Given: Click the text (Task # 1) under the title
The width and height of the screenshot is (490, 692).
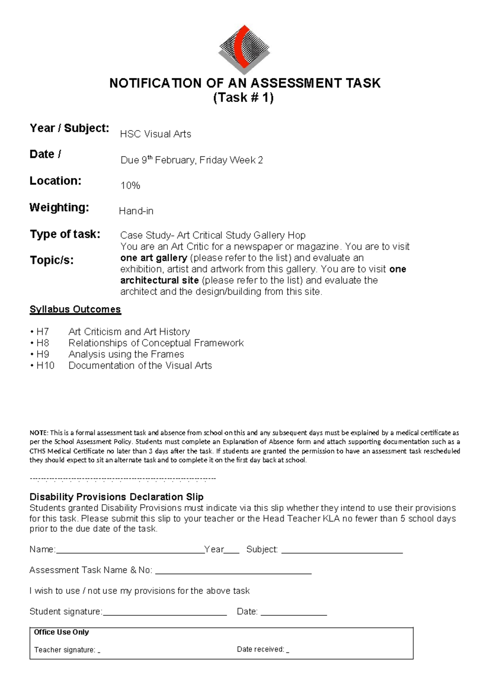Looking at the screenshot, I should pos(243,98).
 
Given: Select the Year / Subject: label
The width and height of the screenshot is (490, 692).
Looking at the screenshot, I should pos(69,128).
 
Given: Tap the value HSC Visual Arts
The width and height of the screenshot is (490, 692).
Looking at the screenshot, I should pos(155,134).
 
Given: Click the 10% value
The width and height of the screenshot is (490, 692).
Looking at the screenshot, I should pos(130,186).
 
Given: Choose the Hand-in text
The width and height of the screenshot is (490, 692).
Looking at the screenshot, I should pos(136,211).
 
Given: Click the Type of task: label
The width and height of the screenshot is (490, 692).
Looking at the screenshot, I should pos(65,234).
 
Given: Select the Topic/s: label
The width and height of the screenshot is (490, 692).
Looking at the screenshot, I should pos(51,260).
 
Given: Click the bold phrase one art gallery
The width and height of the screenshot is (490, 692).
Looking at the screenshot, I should pos(154,258).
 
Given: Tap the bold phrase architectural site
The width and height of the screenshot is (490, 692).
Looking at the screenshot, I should pos(159,281).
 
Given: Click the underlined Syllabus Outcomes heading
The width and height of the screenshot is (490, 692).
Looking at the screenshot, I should pos(75,309).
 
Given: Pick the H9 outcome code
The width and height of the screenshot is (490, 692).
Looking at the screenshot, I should pos(42,354).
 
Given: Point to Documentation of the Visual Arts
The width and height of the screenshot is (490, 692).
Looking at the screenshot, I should pos(140,366).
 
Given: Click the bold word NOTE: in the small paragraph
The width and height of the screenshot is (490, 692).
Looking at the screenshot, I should pos(39,433).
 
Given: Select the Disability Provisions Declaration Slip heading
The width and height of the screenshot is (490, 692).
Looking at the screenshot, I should pos(116,497).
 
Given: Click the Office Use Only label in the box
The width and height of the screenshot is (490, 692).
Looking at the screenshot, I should pos(61,632).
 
